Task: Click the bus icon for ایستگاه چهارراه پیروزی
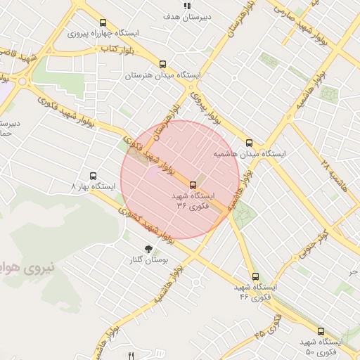(104, 22)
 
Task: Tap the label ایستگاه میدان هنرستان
(163, 75)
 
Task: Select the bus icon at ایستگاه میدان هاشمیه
(250, 142)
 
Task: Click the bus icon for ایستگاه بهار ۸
(93, 176)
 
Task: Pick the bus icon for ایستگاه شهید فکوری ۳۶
(193, 185)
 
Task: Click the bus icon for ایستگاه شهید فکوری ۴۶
(255, 277)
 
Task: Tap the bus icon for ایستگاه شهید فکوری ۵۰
(321, 330)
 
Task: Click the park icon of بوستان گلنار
(148, 249)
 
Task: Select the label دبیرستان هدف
(187, 15)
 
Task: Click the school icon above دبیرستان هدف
(187, 5)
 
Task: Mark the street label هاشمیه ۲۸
(335, 175)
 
